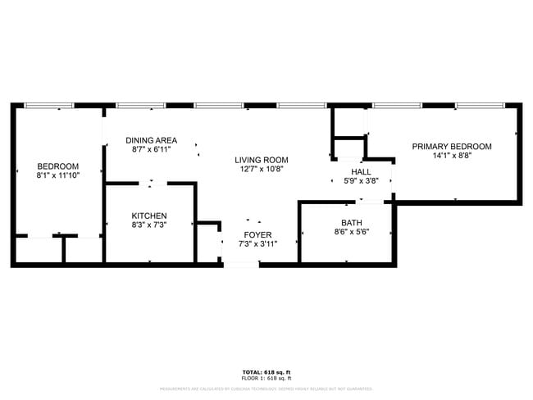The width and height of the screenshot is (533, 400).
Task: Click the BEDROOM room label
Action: tap(57, 166)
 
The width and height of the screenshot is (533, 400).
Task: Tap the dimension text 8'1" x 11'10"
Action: tap(57, 175)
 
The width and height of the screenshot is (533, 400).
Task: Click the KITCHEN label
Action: tap(149, 216)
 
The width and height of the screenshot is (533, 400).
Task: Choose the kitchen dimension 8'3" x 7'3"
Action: tap(149, 225)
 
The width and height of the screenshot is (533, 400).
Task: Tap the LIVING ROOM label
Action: tap(262, 160)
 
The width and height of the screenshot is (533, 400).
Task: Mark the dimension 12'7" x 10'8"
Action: tap(262, 170)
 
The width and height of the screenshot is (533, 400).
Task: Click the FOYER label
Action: tap(257, 234)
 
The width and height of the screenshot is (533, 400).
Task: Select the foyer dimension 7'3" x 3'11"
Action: tap(257, 243)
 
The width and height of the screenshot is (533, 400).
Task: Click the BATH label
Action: tap(351, 222)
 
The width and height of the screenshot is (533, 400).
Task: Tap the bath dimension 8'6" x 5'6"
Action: tap(351, 232)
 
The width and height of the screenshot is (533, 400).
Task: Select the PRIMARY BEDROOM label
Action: tap(452, 146)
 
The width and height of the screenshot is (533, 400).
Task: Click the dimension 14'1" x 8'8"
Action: tap(452, 156)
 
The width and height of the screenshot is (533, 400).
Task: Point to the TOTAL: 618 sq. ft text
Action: tap(266, 372)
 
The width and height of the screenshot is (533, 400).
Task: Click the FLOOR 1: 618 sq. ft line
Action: tap(266, 379)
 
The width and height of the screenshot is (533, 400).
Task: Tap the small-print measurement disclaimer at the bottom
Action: tap(266, 389)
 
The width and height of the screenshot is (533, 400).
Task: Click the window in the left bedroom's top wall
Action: tap(48, 106)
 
